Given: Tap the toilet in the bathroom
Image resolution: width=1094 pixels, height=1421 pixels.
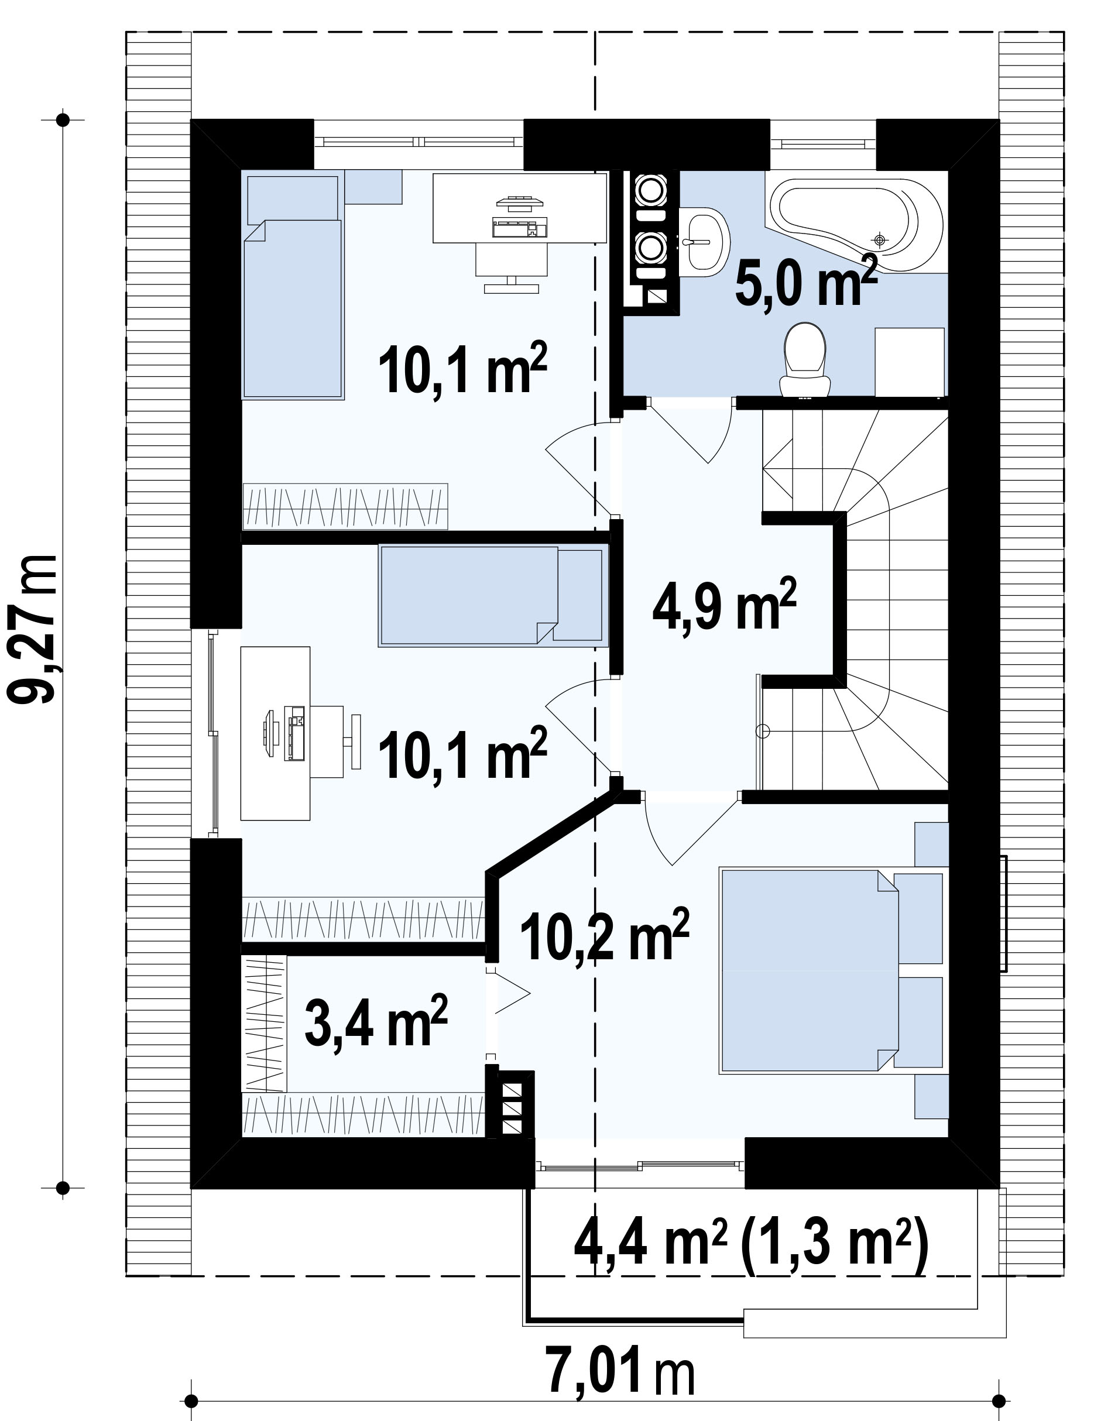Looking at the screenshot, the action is (805, 361).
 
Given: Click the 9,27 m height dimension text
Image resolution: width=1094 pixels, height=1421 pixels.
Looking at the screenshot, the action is (33, 629).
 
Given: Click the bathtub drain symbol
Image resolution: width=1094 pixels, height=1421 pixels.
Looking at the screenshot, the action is (880, 240).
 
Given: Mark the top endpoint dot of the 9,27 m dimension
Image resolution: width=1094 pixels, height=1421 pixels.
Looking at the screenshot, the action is (63, 120).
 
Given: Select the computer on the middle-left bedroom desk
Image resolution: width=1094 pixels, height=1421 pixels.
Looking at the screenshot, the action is (285, 733).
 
